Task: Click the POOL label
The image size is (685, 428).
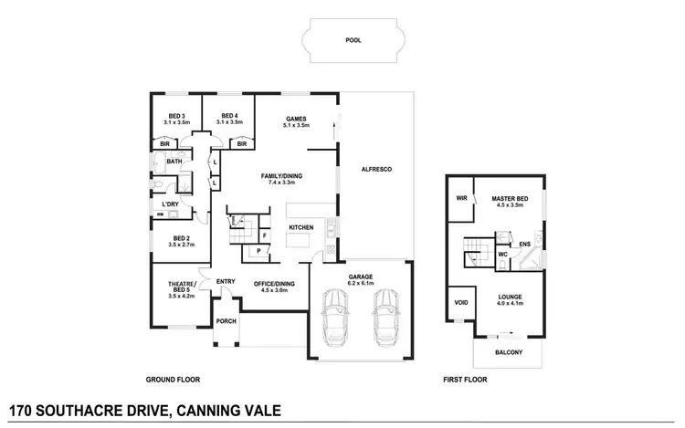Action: pyautogui.click(x=353, y=40)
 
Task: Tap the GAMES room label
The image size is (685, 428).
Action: pyautogui.click(x=294, y=119)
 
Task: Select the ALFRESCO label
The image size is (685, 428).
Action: pyautogui.click(x=376, y=170)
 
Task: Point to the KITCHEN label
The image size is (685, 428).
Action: pyautogui.click(x=301, y=227)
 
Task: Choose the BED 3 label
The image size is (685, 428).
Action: pyautogui.click(x=177, y=116)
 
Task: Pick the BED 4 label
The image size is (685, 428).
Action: pyautogui.click(x=229, y=116)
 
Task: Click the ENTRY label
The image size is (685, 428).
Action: pyautogui.click(x=226, y=281)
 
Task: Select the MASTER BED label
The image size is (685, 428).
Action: pyautogui.click(x=508, y=198)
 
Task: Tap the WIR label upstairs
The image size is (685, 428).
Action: pyautogui.click(x=461, y=198)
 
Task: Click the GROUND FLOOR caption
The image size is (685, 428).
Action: pyautogui.click(x=173, y=379)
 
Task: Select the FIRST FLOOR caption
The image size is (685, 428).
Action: pyautogui.click(x=464, y=379)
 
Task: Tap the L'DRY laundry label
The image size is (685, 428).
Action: pyautogui.click(x=171, y=204)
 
